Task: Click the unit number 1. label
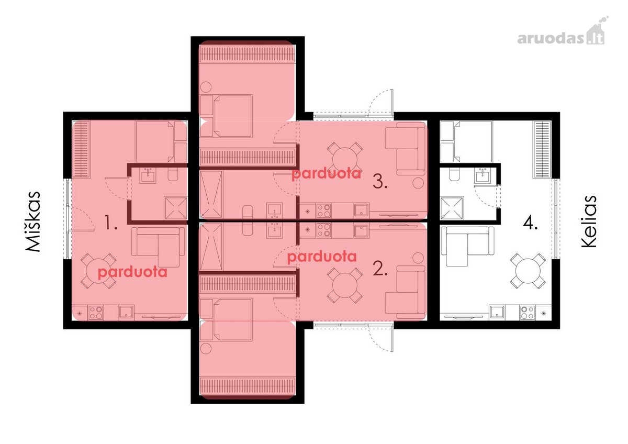click(110, 223)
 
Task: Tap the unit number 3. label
click(380, 182)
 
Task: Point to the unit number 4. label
click(530, 224)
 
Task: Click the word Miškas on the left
click(33, 221)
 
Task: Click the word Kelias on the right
click(588, 221)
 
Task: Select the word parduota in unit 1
click(132, 272)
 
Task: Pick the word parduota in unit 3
click(326, 174)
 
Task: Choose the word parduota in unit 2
click(322, 257)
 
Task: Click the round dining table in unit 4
click(528, 271)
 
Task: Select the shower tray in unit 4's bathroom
click(452, 207)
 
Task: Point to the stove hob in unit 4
click(528, 313)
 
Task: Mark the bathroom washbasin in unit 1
click(148, 175)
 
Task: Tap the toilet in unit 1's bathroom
click(172, 174)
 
